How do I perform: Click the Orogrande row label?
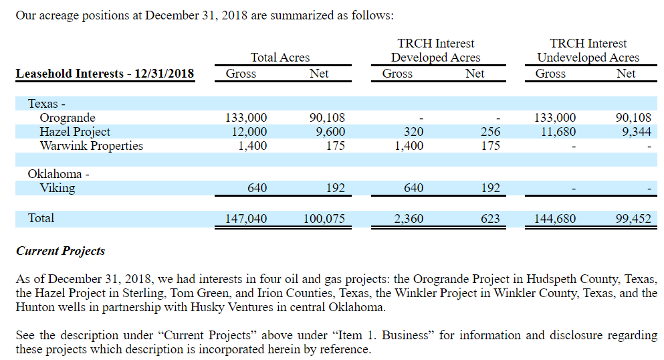point(68,118)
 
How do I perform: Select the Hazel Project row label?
point(75,132)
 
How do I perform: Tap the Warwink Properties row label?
point(91,145)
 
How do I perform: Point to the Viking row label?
point(58,187)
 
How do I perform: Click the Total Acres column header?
point(280,58)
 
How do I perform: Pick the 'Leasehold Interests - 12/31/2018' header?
point(105,74)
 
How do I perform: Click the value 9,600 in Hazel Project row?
point(330,132)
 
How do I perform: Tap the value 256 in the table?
point(490,132)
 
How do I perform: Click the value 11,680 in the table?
point(558,132)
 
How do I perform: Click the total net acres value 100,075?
point(324,218)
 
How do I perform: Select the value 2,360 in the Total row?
point(409,218)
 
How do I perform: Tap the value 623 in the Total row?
point(490,218)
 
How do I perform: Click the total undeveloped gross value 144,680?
point(554,218)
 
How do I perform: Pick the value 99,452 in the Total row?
point(633,218)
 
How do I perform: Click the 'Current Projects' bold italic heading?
point(61,252)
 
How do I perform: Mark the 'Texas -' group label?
point(46,104)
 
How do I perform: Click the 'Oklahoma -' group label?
point(58,174)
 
